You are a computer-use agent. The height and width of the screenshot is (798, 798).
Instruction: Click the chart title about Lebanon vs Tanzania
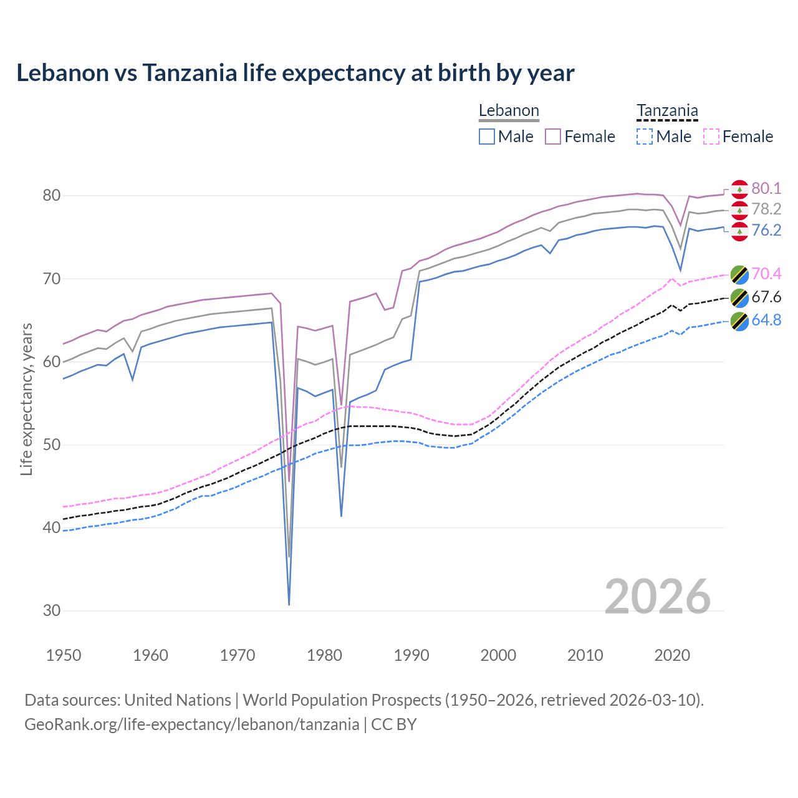pyautogui.click(x=295, y=73)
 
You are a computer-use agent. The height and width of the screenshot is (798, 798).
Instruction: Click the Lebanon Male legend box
pyautogui.click(x=487, y=137)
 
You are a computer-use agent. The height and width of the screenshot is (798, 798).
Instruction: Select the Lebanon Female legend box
pyautogui.click(x=553, y=137)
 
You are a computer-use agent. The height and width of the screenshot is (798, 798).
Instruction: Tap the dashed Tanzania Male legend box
pyautogui.click(x=645, y=137)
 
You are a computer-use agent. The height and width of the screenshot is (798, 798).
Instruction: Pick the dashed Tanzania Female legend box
pyautogui.click(x=711, y=137)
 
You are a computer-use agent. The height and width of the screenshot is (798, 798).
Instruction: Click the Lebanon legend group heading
pyautogui.click(x=509, y=111)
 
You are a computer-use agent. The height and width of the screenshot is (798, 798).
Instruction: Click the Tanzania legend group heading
pyautogui.click(x=667, y=111)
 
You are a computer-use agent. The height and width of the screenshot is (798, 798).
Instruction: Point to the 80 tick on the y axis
pyautogui.click(x=52, y=196)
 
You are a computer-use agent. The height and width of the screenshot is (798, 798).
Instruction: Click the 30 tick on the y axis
pyautogui.click(x=52, y=611)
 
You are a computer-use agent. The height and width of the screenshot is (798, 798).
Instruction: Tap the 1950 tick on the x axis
pyautogui.click(x=64, y=655)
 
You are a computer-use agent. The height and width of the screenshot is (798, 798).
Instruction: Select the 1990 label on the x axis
pyautogui.click(x=411, y=655)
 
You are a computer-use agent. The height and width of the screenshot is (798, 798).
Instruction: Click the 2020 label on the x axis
pyautogui.click(x=672, y=655)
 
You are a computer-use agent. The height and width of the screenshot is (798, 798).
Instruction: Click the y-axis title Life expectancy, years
pyautogui.click(x=26, y=399)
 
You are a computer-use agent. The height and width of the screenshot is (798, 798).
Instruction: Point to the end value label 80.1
pyautogui.click(x=766, y=189)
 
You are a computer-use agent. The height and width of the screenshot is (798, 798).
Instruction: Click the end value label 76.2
pyautogui.click(x=766, y=231)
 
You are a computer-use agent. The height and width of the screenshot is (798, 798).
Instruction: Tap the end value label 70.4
pyautogui.click(x=766, y=274)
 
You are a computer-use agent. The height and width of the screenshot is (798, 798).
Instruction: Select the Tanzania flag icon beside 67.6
pyautogui.click(x=739, y=298)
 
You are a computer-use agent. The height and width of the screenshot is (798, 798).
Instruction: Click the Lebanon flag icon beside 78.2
pyautogui.click(x=739, y=210)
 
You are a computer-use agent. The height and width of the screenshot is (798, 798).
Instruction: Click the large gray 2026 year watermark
pyautogui.click(x=658, y=597)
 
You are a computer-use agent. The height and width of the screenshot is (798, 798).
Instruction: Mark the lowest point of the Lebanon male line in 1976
pyautogui.click(x=289, y=604)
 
